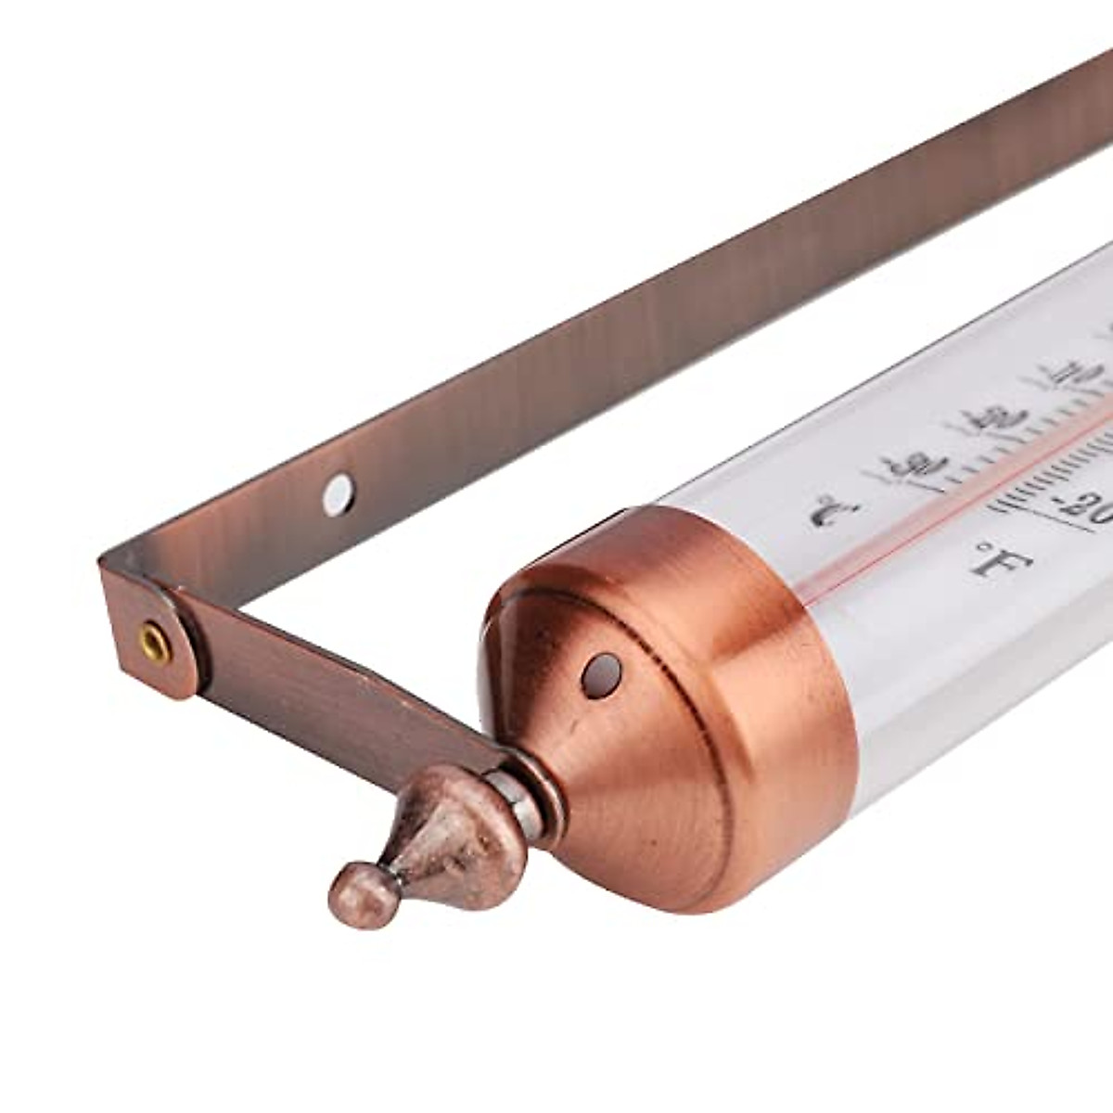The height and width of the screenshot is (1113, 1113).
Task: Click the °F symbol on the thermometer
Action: tap(1003, 560)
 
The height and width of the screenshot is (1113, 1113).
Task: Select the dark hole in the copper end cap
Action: tap(601, 674)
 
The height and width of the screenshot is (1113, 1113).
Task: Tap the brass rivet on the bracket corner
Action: tap(154, 642)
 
